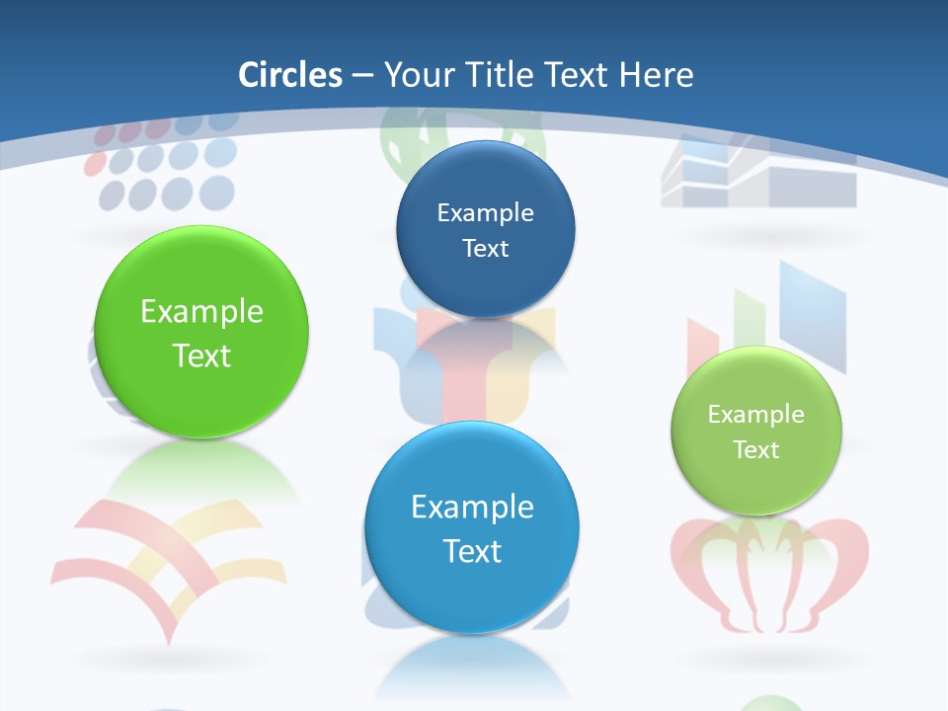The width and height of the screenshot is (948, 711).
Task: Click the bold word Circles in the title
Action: [290, 75]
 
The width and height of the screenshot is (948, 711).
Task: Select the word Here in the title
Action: [656, 75]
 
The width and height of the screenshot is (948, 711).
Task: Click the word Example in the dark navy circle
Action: [485, 212]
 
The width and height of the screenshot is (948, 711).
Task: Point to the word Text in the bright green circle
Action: [201, 355]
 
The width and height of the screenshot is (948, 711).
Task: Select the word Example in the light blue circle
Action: [472, 507]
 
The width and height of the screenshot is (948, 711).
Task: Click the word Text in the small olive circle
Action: [756, 450]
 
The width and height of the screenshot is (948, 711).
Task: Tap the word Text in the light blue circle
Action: [472, 551]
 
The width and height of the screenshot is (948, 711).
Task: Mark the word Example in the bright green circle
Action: [201, 311]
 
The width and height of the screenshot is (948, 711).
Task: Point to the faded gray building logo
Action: [758, 176]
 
